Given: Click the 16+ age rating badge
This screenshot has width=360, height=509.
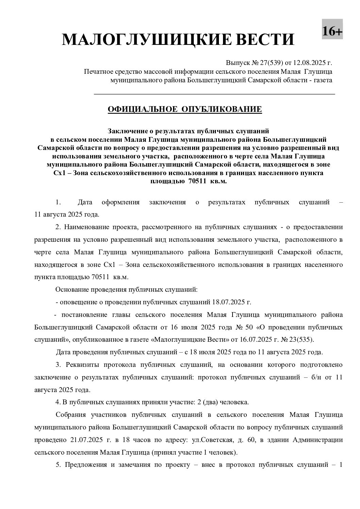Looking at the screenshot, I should click(x=332, y=32).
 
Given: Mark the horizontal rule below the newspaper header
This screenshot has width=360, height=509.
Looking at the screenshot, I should click(x=214, y=94).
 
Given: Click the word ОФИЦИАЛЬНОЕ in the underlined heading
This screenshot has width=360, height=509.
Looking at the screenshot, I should click(x=142, y=109).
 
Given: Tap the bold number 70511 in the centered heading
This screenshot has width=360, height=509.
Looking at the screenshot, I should click(x=198, y=182).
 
